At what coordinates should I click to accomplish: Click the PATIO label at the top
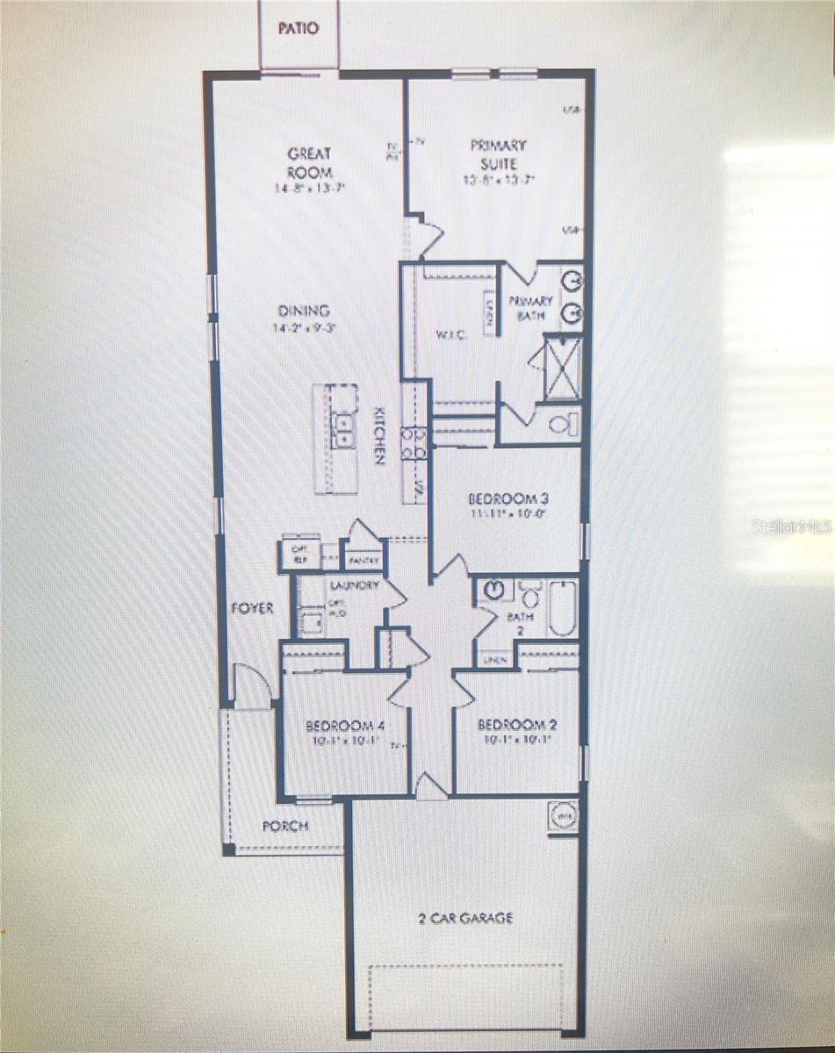click(x=298, y=28)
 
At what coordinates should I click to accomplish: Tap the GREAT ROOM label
click(x=310, y=163)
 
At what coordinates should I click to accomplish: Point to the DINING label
click(x=304, y=311)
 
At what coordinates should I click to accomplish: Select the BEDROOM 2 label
click(x=516, y=726)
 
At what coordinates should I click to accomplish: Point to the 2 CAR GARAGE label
click(x=465, y=918)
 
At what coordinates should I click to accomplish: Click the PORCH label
click(x=284, y=827)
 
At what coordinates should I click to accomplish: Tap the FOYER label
click(x=252, y=607)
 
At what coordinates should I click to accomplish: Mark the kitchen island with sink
click(x=336, y=438)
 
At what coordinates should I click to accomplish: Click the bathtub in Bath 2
click(x=562, y=607)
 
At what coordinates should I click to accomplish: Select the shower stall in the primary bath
click(x=563, y=369)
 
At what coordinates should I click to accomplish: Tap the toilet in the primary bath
click(x=562, y=425)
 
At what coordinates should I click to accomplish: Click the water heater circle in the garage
click(x=563, y=815)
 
